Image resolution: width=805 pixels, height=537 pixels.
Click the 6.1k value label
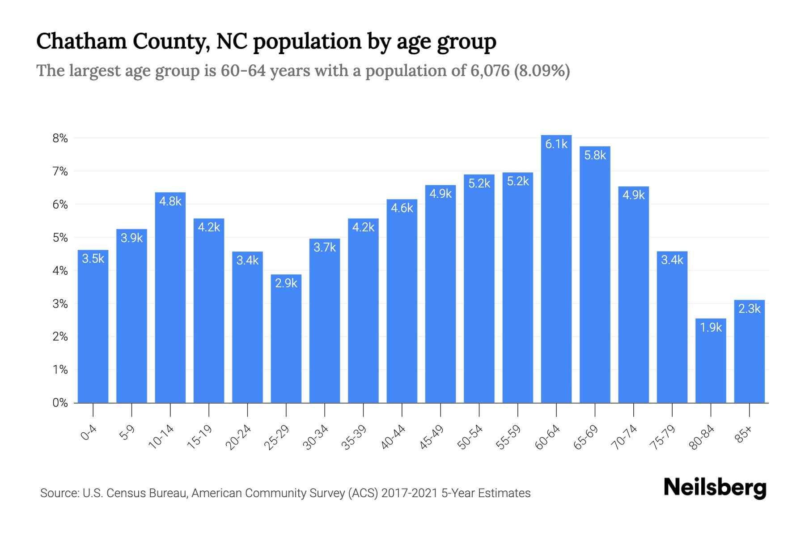click(x=556, y=144)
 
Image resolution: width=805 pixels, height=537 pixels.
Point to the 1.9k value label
click(x=711, y=328)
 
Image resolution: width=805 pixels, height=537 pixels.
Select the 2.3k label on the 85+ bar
click(x=749, y=309)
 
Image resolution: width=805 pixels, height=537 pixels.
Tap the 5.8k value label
click(x=595, y=155)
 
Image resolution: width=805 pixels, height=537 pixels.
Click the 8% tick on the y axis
click(x=60, y=138)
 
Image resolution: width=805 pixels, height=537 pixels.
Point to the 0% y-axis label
click(x=60, y=403)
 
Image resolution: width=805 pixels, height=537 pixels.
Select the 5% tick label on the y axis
click(x=60, y=238)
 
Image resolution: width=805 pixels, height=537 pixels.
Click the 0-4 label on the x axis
click(x=89, y=433)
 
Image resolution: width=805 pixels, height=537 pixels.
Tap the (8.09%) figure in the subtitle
click(x=542, y=71)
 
